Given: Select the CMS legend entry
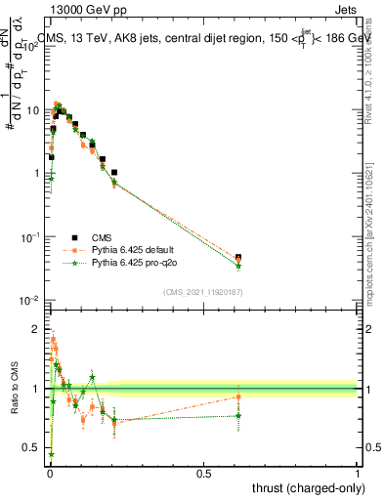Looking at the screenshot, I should [102, 237].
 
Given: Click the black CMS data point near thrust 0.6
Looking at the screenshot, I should [238, 257].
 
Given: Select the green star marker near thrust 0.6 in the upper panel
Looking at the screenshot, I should [238, 266].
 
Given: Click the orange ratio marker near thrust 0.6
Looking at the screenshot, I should [238, 396].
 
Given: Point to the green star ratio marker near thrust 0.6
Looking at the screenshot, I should [238, 415].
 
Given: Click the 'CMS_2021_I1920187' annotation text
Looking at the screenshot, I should [202, 291].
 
